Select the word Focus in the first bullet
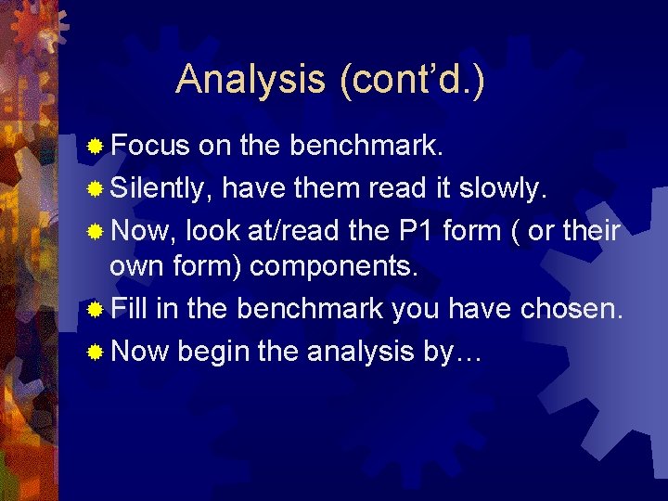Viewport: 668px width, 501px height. click(x=149, y=146)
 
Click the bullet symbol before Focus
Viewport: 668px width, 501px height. click(x=95, y=147)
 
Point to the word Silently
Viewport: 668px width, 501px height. click(x=162, y=187)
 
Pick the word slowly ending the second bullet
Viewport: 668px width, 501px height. click(x=508, y=187)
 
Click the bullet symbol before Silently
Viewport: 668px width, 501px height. click(x=95, y=188)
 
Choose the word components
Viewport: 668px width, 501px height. click(x=334, y=268)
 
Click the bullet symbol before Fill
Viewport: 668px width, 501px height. click(x=95, y=310)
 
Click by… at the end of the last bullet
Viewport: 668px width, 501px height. click(x=458, y=351)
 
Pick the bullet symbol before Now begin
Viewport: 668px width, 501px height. click(x=95, y=352)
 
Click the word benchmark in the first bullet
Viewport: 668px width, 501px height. click(x=355, y=146)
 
